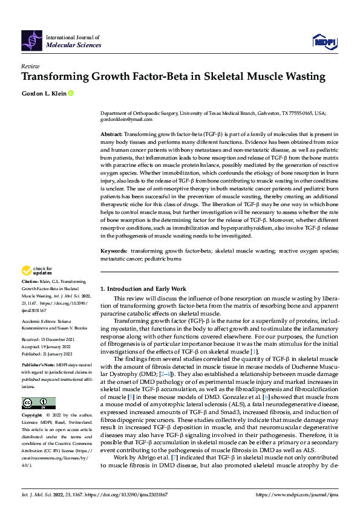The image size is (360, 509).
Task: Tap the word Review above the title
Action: click(30, 66)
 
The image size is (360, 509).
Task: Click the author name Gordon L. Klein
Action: click(43, 93)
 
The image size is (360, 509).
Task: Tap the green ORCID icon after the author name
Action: click(71, 93)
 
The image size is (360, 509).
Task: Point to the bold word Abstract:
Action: click(112, 134)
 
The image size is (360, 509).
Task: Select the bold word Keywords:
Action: click(114, 250)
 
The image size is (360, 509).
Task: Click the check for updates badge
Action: click(38, 270)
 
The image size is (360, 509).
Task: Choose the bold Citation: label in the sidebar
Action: click(30, 282)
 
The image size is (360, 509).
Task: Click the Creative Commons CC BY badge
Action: click(38, 403)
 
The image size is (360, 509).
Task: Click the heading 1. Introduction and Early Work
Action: click(146, 289)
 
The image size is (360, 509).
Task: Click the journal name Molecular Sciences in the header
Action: click(73, 45)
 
